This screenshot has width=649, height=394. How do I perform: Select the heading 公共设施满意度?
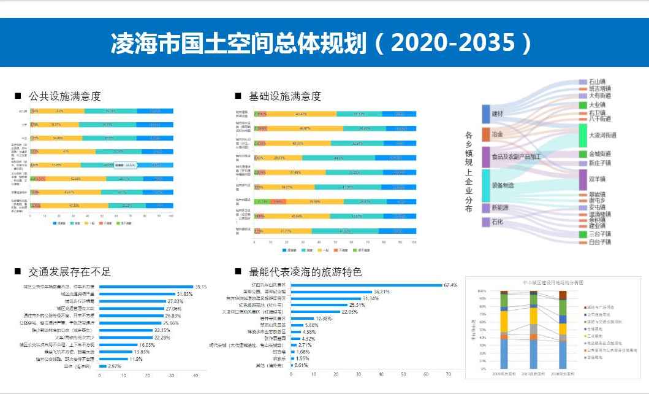tap(64, 96)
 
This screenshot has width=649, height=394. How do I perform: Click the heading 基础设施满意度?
tap(284, 96)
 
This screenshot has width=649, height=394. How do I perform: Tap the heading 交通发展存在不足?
tap(69, 271)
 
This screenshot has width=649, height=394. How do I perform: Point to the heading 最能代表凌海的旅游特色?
tap(306, 271)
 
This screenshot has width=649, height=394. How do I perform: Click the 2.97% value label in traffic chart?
tap(115, 366)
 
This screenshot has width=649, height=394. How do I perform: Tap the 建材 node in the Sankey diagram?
tap(497, 114)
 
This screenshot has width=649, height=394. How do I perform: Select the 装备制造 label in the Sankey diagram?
tap(503, 185)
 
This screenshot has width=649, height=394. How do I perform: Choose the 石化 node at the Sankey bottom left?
tap(497, 222)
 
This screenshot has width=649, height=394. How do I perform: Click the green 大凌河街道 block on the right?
tap(583, 135)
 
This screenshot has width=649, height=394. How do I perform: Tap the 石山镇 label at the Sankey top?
tap(598, 82)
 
